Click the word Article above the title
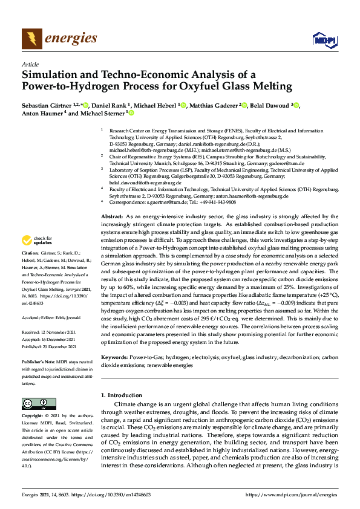coord(30,64)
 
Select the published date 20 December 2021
coord(61,346)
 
